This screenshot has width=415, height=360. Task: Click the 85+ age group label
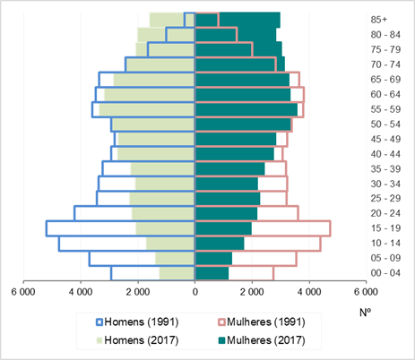pos(379,20)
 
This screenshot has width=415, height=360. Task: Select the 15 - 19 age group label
pos(385,228)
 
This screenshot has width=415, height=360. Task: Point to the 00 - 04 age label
pos(385,273)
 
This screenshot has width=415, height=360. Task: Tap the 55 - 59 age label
pos(385,109)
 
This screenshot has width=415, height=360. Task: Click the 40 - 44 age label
pos(385,154)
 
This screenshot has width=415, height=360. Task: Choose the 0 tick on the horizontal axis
pos(195,292)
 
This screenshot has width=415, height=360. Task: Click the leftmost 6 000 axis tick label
pos(23,292)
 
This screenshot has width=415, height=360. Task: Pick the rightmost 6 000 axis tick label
pos(366,292)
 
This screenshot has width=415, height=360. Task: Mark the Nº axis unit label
pos(365,313)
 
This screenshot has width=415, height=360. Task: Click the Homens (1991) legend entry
pos(137,322)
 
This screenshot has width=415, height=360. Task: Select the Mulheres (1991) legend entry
pos(262,322)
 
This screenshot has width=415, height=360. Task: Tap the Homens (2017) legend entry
pos(137,340)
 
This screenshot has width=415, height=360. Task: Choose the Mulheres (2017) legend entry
pos(262,340)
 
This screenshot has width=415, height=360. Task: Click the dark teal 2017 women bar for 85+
pos(238,20)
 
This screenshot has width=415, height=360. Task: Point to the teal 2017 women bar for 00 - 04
pos(212,273)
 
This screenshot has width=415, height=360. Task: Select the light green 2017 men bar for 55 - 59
pos(147,109)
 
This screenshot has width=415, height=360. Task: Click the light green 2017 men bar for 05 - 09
pos(175,258)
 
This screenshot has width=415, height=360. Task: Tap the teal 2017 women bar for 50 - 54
pos(243,124)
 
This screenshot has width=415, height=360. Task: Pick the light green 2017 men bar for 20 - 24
pos(163,213)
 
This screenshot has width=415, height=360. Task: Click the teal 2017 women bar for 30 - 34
pos(227,184)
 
